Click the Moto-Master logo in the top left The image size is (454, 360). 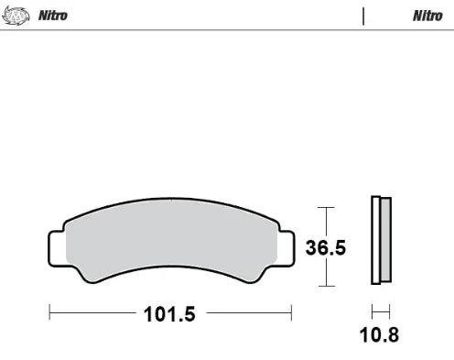(x=16, y=15)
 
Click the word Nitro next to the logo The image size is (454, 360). (x=51, y=16)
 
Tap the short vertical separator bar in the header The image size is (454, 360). (x=364, y=16)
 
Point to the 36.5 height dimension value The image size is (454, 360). (x=326, y=247)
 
